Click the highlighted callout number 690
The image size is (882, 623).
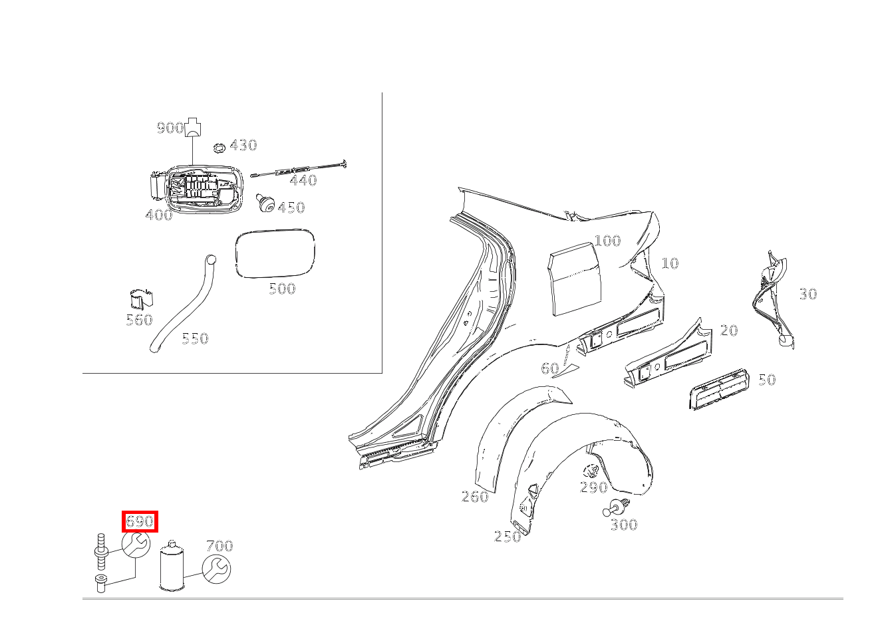(x=140, y=522)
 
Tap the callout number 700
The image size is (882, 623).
(x=219, y=546)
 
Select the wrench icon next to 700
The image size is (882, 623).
(x=216, y=570)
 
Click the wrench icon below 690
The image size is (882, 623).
(x=136, y=545)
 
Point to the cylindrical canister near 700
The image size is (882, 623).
(x=171, y=566)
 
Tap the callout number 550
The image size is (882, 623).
(x=195, y=338)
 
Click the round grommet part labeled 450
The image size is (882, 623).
(x=267, y=203)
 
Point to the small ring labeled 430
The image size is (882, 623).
(x=218, y=147)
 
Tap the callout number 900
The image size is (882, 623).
(x=170, y=128)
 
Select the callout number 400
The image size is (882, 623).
(x=158, y=215)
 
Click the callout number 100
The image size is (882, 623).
(x=607, y=241)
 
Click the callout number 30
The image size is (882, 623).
(x=808, y=294)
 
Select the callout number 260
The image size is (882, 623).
(x=475, y=497)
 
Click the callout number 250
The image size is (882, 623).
(x=508, y=537)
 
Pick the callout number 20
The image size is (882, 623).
(x=729, y=330)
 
